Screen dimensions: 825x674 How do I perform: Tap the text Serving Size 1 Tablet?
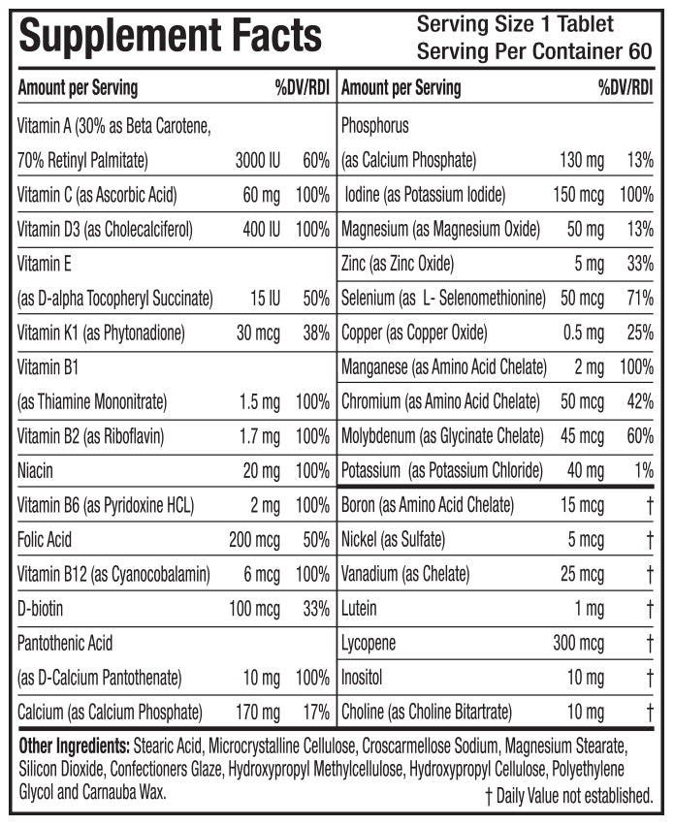tap(514, 24)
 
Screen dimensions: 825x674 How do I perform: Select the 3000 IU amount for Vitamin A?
tap(257, 160)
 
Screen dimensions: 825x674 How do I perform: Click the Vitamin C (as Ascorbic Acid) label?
tap(97, 195)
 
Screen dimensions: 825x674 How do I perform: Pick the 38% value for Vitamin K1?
tap(315, 333)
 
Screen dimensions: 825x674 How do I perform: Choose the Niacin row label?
tap(35, 471)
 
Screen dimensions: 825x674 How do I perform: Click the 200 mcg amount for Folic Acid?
tap(254, 539)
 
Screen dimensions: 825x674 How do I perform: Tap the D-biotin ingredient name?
tap(44, 609)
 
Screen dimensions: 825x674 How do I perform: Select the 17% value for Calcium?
tap(316, 713)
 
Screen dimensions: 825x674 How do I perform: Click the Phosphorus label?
tap(375, 126)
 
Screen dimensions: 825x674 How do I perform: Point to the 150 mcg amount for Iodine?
tap(578, 195)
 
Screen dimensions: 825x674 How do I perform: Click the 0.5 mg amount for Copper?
tap(583, 333)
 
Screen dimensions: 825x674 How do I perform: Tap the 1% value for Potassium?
tap(644, 471)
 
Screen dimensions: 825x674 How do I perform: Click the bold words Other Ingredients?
tap(75, 748)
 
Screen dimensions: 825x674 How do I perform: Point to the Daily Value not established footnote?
tap(568, 795)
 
